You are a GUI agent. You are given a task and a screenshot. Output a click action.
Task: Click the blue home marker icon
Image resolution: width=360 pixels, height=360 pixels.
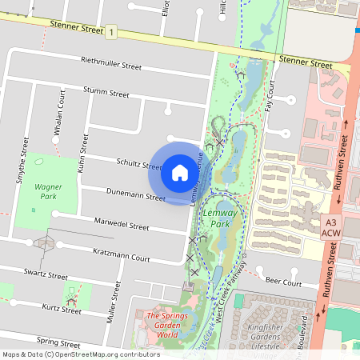(x=180, y=173)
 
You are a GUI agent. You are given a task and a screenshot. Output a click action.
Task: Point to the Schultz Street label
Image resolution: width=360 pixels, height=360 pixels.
(x=139, y=163)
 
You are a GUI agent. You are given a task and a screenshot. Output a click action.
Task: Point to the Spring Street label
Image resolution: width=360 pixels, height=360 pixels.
(x=59, y=340)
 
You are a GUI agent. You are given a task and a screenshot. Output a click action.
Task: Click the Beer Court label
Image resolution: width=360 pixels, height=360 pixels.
(x=283, y=282)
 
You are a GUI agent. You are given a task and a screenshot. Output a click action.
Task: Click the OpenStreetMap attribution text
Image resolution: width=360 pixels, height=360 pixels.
(x=81, y=354)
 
